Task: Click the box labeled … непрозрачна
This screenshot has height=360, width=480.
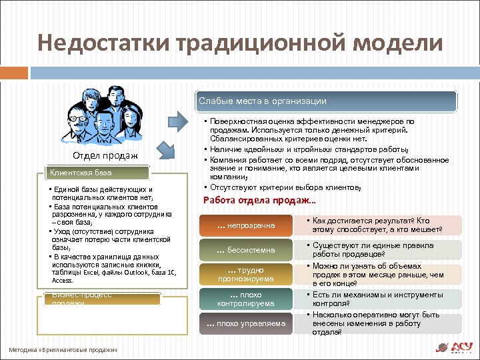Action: coord(246,225)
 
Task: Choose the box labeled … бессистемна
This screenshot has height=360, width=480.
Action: coord(246,250)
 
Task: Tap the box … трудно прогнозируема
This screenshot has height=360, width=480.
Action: coord(246,275)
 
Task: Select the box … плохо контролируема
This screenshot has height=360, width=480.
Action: coord(246,299)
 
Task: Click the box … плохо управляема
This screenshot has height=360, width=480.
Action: coord(246,324)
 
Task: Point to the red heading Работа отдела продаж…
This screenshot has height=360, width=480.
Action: coord(259,201)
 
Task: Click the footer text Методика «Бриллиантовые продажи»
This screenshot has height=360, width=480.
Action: coord(63,350)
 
